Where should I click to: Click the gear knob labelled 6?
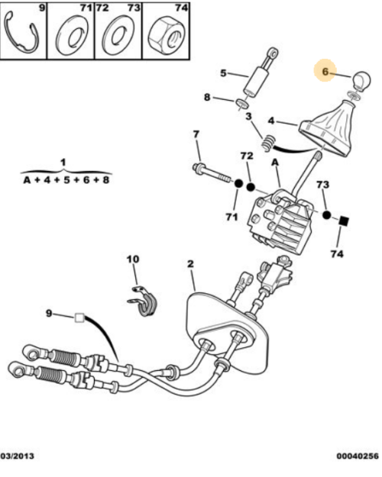coord(361,81)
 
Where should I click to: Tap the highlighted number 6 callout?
coord(325,72)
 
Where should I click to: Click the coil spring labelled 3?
coord(269,143)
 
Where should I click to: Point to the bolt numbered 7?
coord(211,174)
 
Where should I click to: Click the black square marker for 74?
coord(344,221)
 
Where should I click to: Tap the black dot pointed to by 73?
coord(326,214)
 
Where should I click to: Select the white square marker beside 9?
coord(79,318)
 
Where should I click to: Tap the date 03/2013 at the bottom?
coord(18,456)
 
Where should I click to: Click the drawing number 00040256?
coord(358,456)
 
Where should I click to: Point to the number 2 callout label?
coord(190,263)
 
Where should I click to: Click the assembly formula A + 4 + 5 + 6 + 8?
coord(66,180)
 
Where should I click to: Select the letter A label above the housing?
coord(275,163)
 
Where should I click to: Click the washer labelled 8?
coord(242,104)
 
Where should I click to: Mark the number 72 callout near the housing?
coord(247,156)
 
